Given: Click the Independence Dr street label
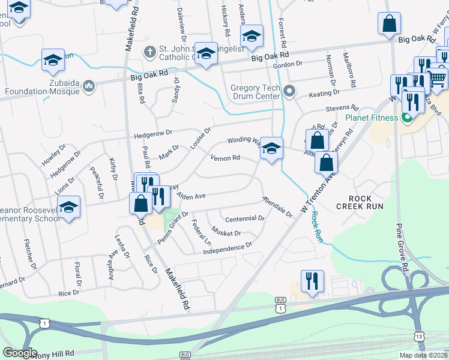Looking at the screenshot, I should pos(228,247).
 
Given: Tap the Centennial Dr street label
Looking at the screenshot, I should pos(244,219).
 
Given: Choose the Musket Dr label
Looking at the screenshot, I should pos(226,232).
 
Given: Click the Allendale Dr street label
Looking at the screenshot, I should pos(276,206).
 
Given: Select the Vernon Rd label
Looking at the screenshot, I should pos(225,158).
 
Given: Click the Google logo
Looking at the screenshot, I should pos(20,352).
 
